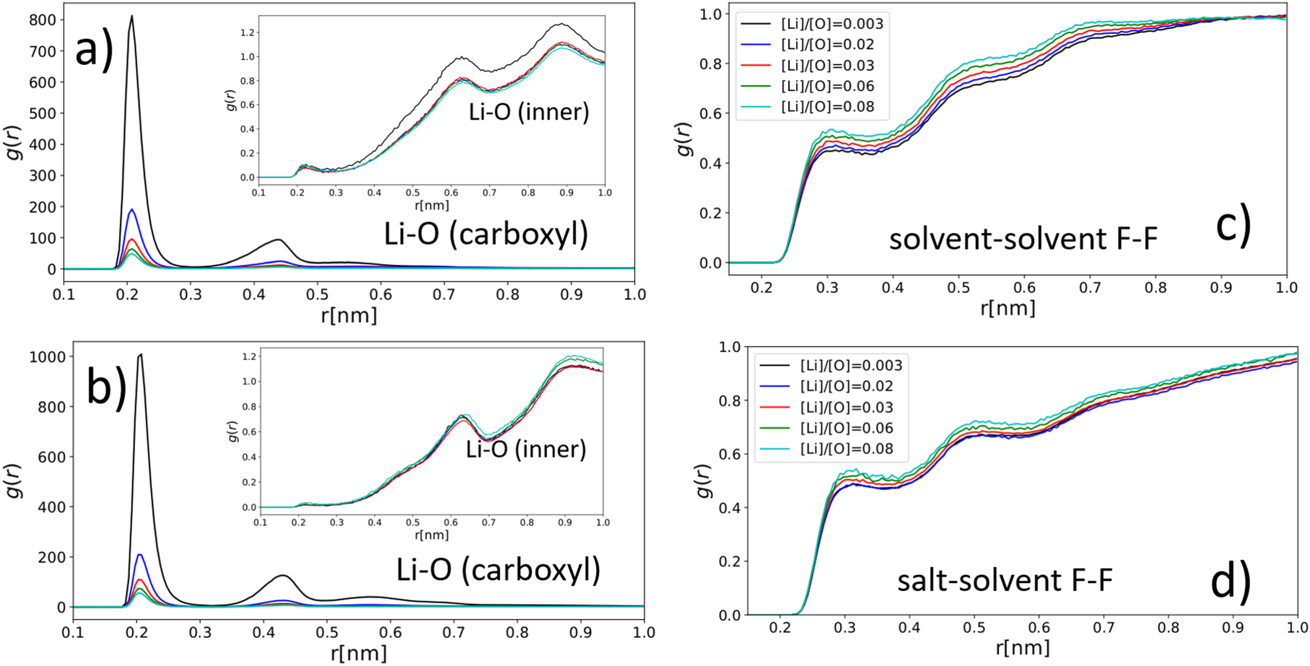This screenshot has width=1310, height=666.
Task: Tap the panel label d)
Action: coord(1228,582)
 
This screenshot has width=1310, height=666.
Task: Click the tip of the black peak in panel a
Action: coord(131,17)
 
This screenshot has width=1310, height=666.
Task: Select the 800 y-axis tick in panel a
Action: coord(41,19)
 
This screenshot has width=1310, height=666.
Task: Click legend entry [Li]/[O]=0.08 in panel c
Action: coord(827,107)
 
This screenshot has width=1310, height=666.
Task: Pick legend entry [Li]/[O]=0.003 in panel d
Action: coord(851,365)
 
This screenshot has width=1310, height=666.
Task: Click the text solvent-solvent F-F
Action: coord(1022,239)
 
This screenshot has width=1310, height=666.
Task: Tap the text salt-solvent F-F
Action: coord(1004,580)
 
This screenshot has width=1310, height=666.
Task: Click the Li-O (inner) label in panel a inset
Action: coord(529,112)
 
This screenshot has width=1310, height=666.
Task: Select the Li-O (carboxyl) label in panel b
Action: coord(498,570)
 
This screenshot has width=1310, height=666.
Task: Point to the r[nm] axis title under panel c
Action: coord(1008,308)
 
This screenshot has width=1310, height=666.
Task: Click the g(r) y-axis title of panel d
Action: coord(704,481)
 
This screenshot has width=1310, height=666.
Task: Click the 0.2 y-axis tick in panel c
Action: coord(711,213)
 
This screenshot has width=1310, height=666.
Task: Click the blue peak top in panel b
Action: coord(140,555)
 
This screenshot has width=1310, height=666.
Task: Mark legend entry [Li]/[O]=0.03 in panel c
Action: coord(827,65)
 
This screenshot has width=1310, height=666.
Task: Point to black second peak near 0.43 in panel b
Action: coord(282,576)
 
